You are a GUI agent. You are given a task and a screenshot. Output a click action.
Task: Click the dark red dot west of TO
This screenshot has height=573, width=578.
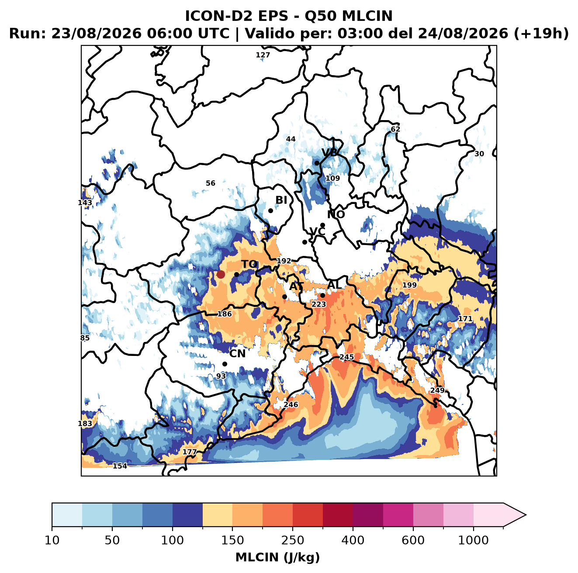pos(221,274)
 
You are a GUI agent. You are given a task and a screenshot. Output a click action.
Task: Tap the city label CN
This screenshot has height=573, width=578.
pos(237,354)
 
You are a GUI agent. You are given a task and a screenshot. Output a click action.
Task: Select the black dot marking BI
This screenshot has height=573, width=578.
pos(270,211)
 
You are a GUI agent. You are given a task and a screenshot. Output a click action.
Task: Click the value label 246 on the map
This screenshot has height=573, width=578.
pos(291,404)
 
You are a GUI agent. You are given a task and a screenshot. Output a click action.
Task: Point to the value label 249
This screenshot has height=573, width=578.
pos(437,390)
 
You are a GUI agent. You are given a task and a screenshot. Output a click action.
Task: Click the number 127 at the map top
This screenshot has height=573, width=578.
pos(263,55)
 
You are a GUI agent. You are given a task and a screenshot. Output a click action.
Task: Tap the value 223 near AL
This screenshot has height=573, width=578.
pos(318,304)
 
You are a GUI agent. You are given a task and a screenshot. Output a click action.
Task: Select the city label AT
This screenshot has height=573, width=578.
pos(296,286)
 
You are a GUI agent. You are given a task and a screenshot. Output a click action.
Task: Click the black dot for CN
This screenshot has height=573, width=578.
pos(225,364)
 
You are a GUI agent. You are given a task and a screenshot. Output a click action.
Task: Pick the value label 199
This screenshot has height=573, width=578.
pos(409,285)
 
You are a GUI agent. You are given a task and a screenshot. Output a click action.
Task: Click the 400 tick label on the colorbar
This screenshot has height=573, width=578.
pos(353,540)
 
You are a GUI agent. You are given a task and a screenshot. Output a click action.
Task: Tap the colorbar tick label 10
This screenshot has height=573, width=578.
pos(52,540)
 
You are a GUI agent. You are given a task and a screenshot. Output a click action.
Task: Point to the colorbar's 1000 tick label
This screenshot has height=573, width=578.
pos(473,540)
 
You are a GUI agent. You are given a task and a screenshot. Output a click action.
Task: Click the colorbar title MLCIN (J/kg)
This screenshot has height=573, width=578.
pos(277,557)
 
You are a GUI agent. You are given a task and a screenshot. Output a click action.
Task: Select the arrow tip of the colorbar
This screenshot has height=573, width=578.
pos(526,515)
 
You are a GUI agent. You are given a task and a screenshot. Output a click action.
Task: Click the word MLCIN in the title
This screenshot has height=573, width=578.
pos(367,16)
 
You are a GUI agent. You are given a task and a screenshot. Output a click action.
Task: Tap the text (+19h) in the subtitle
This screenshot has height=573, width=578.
pos(541,34)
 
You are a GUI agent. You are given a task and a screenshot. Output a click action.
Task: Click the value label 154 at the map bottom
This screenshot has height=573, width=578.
pos(120,466)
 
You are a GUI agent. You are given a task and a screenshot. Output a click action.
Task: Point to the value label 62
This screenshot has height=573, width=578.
pos(395,129)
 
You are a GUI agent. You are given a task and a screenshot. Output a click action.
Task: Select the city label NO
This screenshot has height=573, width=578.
pos(336,214)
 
